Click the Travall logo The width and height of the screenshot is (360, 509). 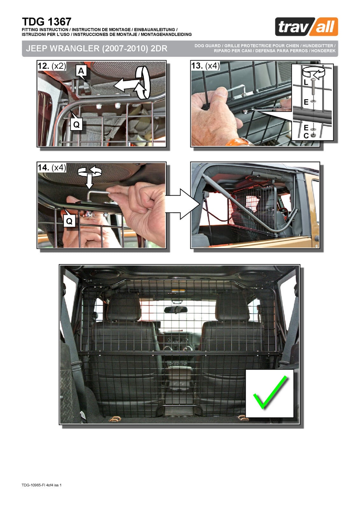tap(306, 27)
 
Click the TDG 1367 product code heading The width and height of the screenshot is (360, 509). tap(46, 22)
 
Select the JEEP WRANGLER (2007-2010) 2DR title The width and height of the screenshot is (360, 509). tap(97, 48)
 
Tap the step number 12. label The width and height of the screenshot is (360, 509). tap(43, 66)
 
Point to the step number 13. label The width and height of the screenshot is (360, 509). tap(197, 66)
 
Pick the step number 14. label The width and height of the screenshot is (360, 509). tap(43, 167)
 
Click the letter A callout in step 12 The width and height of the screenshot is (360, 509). tap(81, 71)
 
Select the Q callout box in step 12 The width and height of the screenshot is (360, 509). tap(76, 124)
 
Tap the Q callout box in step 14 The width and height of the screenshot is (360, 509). tap(69, 221)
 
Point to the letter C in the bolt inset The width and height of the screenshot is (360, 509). tap(306, 136)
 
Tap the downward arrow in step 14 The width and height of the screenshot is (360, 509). tap(89, 181)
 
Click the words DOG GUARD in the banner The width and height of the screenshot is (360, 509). tap(208, 46)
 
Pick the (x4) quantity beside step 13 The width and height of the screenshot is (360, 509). tap(212, 66)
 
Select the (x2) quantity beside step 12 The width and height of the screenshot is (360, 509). tap(59, 66)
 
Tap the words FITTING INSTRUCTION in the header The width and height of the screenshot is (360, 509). tap(45, 30)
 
